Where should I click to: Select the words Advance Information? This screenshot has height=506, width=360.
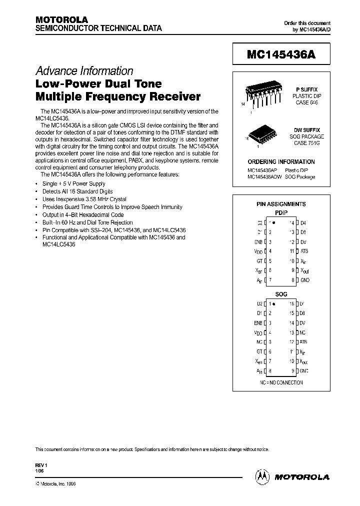tap(84, 71)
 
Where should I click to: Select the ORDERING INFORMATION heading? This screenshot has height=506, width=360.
tap(281, 162)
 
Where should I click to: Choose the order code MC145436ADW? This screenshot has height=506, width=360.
tap(264, 177)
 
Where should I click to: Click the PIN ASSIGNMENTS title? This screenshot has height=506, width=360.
tap(281, 204)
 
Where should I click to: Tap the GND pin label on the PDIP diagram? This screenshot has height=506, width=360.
tap(305, 280)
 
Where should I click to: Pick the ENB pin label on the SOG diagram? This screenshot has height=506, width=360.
tap(258, 323)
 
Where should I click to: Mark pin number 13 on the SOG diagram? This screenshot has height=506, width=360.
tap(291, 332)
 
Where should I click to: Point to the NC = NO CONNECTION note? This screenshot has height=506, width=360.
tap(281, 382)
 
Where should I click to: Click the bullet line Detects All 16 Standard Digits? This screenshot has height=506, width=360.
tap(77, 191)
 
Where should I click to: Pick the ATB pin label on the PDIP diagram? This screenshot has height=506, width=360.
tap(304, 251)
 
